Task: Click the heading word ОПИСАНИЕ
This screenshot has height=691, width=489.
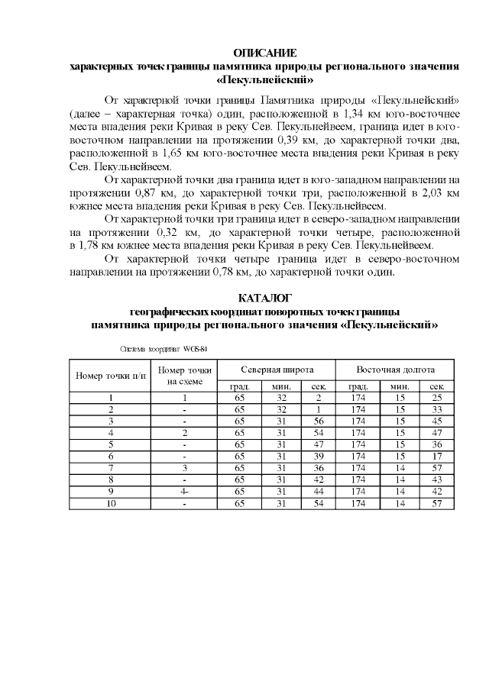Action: tap(264, 53)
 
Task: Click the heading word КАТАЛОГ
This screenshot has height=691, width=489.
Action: tap(264, 298)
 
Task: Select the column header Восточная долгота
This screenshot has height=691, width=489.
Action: tap(395, 368)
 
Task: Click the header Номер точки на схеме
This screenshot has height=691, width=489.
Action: tap(184, 376)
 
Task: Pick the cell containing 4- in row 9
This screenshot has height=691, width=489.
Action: tap(184, 491)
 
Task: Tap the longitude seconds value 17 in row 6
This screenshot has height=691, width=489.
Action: tap(436, 456)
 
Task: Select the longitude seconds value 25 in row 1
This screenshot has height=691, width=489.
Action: tap(436, 398)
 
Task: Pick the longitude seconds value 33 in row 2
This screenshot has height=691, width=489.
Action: tap(436, 409)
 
